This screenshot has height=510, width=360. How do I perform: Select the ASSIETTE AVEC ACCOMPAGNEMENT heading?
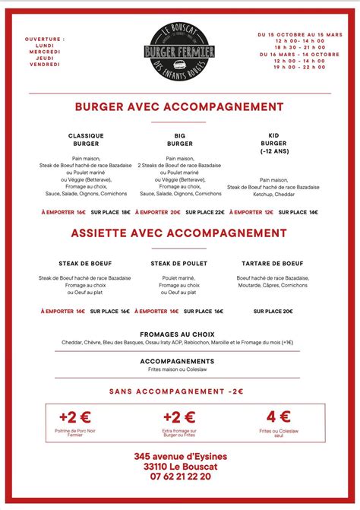point(180,233)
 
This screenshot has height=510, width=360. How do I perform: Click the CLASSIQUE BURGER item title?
point(86,139)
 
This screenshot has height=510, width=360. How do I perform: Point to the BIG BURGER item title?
point(179,139)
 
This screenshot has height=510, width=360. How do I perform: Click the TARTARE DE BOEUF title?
point(272,263)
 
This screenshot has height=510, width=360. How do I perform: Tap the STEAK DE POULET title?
point(179,263)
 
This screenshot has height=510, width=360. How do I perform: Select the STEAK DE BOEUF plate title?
point(86,263)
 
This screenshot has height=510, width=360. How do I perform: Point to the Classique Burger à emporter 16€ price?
point(64,213)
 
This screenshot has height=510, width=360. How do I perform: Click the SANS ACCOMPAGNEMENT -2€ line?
point(176,391)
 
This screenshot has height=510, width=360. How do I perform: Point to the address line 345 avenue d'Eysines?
point(180,456)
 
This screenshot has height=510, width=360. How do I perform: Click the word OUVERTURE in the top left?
point(45,38)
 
